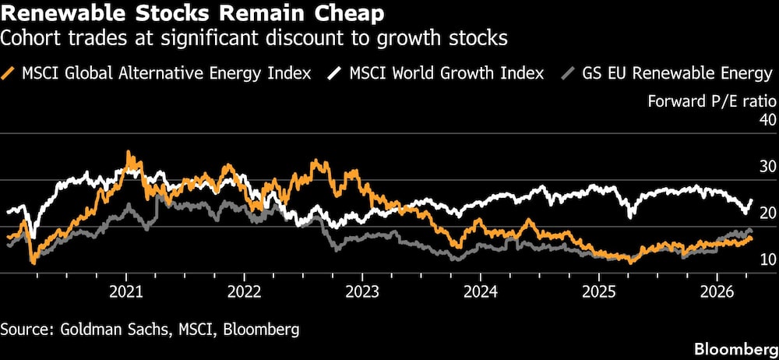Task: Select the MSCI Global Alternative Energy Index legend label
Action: [x=167, y=73]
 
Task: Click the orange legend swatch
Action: [x=11, y=73]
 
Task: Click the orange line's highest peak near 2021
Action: [x=129, y=153]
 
